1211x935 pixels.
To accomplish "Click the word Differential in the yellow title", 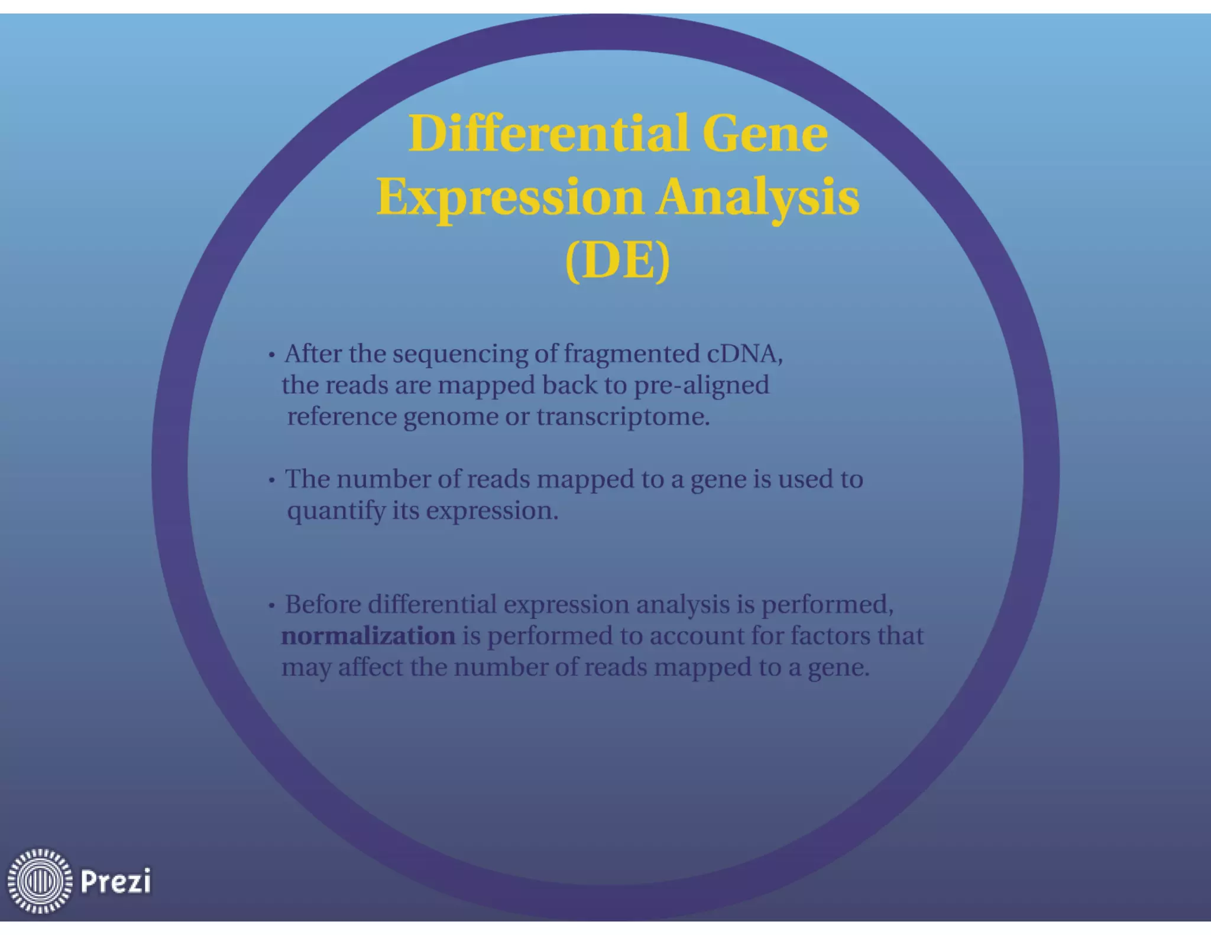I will pyautogui.click(x=548, y=133).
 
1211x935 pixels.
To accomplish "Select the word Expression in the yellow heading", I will pyautogui.click(x=510, y=197).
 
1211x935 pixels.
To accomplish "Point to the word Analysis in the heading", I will pyautogui.click(x=757, y=197).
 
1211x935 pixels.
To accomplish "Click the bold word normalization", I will pyautogui.click(x=368, y=636).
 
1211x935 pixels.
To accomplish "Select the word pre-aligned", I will pyautogui.click(x=701, y=385).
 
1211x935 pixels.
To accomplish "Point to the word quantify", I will pyautogui.click(x=336, y=511).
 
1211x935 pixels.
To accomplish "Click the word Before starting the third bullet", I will pyautogui.click(x=322, y=605).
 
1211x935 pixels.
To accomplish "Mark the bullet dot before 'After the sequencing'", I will pyautogui.click(x=271, y=355).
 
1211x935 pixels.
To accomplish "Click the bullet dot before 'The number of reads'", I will pyautogui.click(x=271, y=481).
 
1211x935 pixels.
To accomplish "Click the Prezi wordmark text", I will pyautogui.click(x=115, y=881).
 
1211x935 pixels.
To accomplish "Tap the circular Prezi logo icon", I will pyautogui.click(x=40, y=881).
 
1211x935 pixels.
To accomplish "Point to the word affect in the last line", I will pyautogui.click(x=370, y=667).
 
